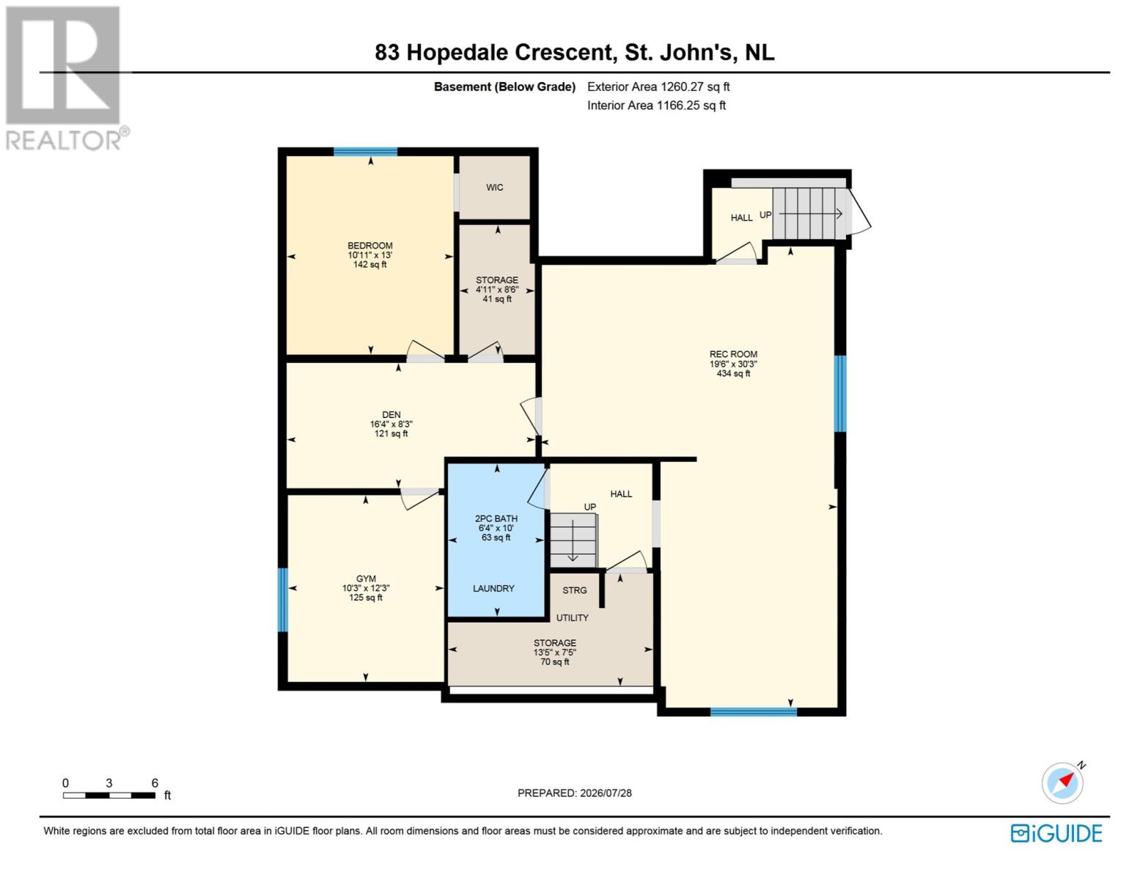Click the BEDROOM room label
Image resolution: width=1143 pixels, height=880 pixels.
coord(370,246)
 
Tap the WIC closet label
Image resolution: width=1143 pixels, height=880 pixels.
coord(494,187)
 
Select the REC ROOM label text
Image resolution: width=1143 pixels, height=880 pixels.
coord(733,354)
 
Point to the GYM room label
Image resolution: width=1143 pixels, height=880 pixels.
coord(366,579)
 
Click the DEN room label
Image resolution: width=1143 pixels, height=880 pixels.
coord(392,414)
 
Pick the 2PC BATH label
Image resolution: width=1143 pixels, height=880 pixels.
coord(496,518)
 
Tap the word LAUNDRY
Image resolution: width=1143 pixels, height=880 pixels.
coord(493,589)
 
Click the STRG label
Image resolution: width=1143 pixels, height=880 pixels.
coord(574,590)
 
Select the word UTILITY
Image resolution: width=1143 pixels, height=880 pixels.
coord(573,617)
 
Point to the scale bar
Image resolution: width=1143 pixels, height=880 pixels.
coord(109,796)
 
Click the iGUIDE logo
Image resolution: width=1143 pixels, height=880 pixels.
coord(1056,833)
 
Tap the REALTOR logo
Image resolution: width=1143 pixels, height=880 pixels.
coord(66,78)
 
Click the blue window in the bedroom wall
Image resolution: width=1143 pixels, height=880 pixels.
coord(365,152)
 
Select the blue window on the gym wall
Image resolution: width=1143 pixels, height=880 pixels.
coord(283,599)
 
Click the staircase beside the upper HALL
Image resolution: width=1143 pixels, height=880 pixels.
coord(809,213)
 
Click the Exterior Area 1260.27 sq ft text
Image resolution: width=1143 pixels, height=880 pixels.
coord(658,87)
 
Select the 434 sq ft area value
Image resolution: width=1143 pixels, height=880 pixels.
coord(733,373)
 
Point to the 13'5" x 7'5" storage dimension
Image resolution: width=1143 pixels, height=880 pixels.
coord(555,652)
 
